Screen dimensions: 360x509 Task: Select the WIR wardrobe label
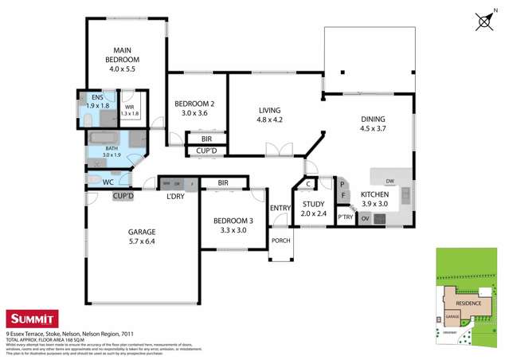pyautogui.click(x=130, y=108)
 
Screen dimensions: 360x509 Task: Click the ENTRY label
pyautogui.click(x=280, y=208)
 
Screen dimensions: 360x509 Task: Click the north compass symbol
pyautogui.click(x=484, y=22)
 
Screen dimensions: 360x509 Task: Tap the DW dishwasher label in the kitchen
pyautogui.click(x=390, y=180)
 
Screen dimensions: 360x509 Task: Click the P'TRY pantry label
pyautogui.click(x=345, y=217)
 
